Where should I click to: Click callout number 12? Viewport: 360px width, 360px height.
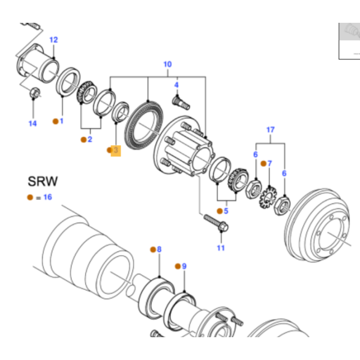53,40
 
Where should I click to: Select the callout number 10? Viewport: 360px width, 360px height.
167,64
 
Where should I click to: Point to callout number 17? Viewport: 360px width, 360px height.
271,130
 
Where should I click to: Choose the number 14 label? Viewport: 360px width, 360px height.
32,124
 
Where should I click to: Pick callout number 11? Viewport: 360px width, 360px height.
220,248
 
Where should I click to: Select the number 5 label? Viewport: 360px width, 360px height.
226,211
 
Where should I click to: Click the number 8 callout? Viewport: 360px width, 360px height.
158,249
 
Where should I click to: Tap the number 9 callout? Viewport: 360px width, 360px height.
184,266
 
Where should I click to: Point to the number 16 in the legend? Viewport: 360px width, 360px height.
47,197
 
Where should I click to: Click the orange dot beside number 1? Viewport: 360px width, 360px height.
55,121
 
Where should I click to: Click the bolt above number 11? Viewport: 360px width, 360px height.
215,221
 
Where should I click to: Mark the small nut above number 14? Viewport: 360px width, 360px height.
35,93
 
